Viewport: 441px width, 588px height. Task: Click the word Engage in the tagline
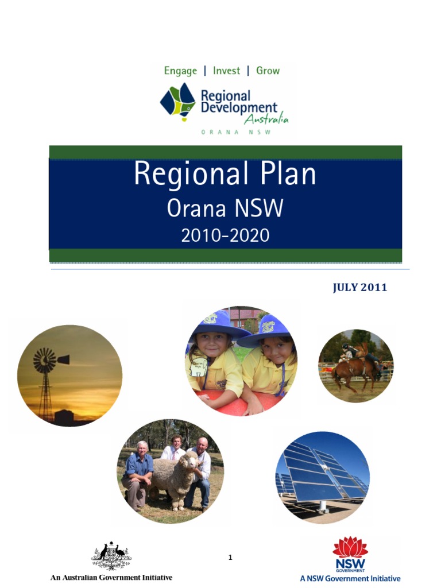(x=180, y=71)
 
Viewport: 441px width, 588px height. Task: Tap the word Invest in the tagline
(x=226, y=71)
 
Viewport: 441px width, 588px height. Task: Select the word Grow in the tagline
(x=268, y=71)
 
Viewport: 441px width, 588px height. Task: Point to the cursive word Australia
(x=266, y=119)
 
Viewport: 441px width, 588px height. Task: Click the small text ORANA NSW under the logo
(x=235, y=132)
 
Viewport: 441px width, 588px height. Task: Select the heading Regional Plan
(x=225, y=174)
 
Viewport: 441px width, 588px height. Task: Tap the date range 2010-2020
(x=225, y=235)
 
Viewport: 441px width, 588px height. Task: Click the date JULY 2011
(x=360, y=288)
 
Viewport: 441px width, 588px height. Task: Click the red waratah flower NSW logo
(x=350, y=547)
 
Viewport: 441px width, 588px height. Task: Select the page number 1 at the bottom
(x=230, y=557)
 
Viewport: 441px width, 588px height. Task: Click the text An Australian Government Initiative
(x=111, y=577)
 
